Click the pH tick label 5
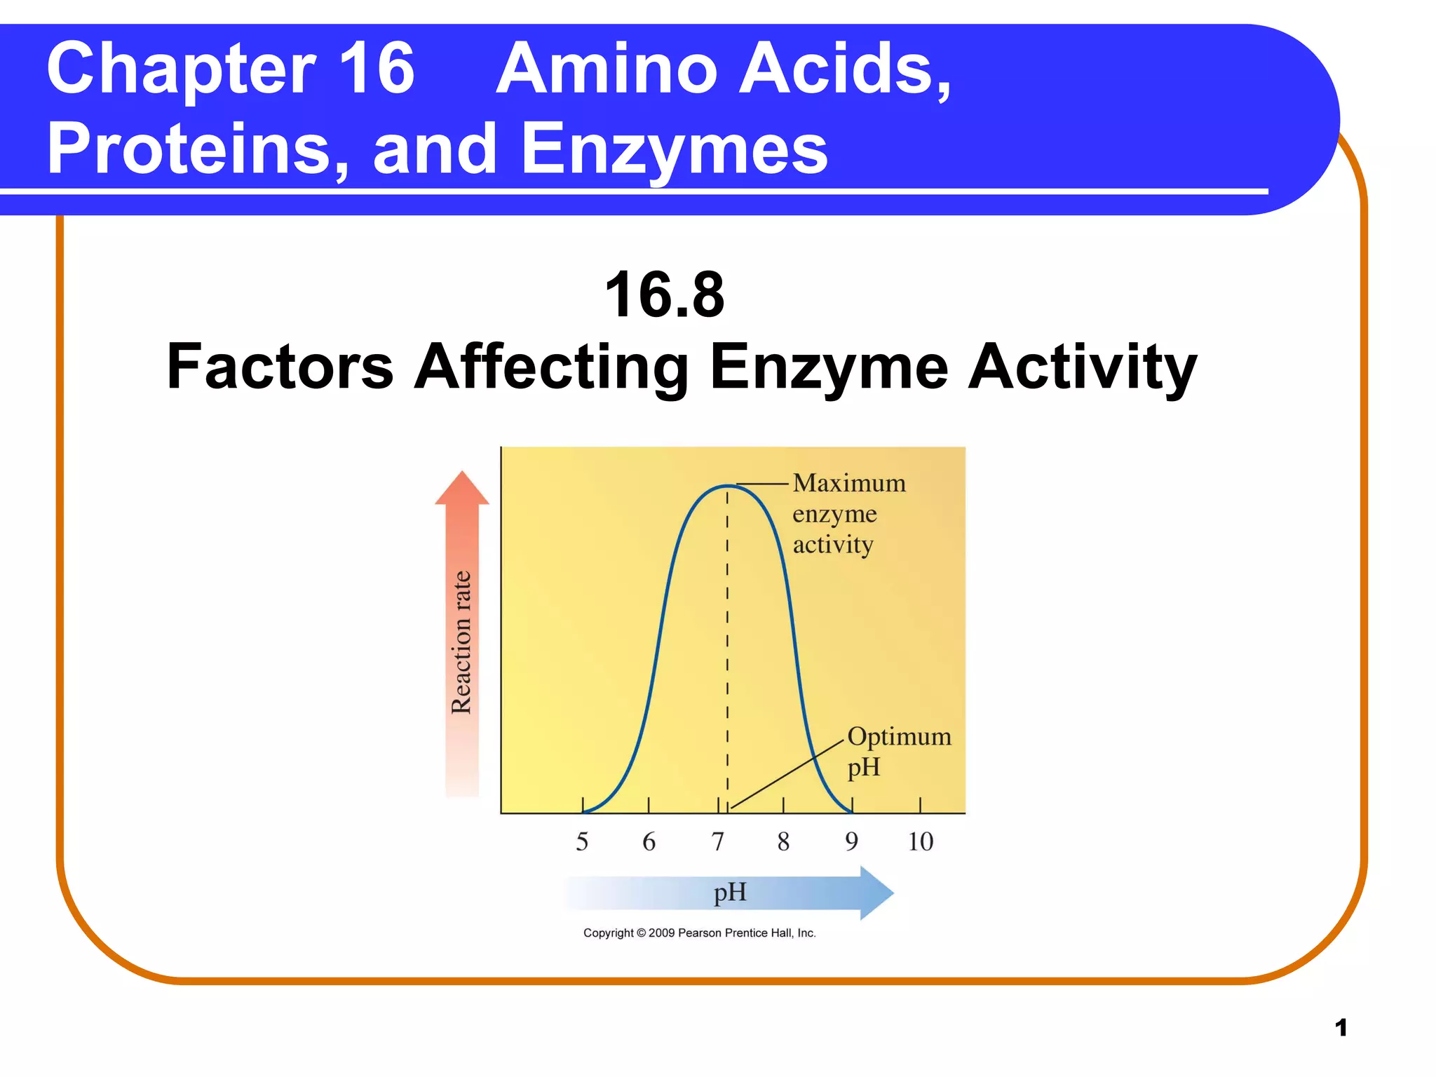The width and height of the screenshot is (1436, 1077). click(582, 841)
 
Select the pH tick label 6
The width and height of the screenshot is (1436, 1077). click(649, 841)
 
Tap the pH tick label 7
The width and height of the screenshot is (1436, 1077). click(717, 841)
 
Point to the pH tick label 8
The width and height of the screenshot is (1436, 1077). click(783, 841)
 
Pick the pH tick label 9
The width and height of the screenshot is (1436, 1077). click(851, 841)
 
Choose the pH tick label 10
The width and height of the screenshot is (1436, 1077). click(921, 841)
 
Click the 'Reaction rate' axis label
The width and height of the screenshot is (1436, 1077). click(461, 642)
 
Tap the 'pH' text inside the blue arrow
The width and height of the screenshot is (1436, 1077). click(730, 893)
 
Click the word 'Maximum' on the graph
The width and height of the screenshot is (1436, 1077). click(849, 483)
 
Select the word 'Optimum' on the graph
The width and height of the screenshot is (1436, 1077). click(899, 736)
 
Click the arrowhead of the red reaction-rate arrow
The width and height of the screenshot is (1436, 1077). click(461, 489)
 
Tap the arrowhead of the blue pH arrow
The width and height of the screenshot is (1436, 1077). click(876, 893)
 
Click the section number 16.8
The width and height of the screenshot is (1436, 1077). click(664, 295)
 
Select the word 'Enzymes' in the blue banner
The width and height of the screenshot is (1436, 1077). click(675, 149)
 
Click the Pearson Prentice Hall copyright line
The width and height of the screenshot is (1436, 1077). click(699, 933)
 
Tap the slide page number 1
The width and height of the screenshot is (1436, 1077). click(1341, 1028)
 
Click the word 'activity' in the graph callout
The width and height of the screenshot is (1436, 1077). click(833, 545)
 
